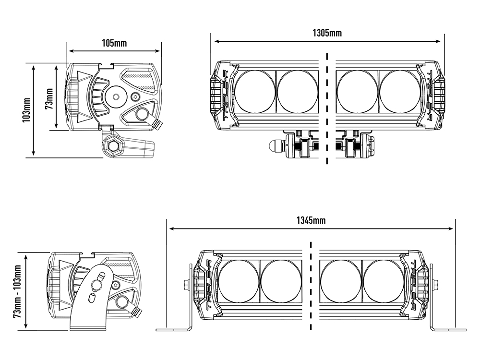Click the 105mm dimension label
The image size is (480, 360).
pyautogui.click(x=114, y=43)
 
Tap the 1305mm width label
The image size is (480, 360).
pyautogui.click(x=327, y=33)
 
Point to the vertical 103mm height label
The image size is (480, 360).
pyautogui.click(x=27, y=110)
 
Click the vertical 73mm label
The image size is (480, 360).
pyautogui.click(x=48, y=99)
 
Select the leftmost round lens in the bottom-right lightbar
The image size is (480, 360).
pyautogui.click(x=239, y=281)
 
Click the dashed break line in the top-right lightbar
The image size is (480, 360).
pyautogui.click(x=327, y=108)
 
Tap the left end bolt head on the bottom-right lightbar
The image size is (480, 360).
pyautogui.click(x=186, y=284)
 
